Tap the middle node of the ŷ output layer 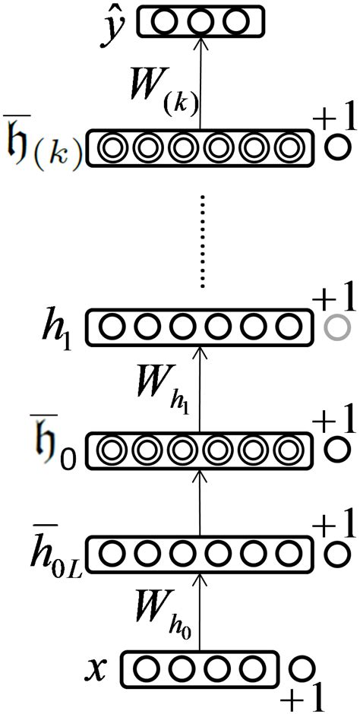200,21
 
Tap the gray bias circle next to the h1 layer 335,327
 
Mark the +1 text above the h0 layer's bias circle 333,421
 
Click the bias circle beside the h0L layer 335,554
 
